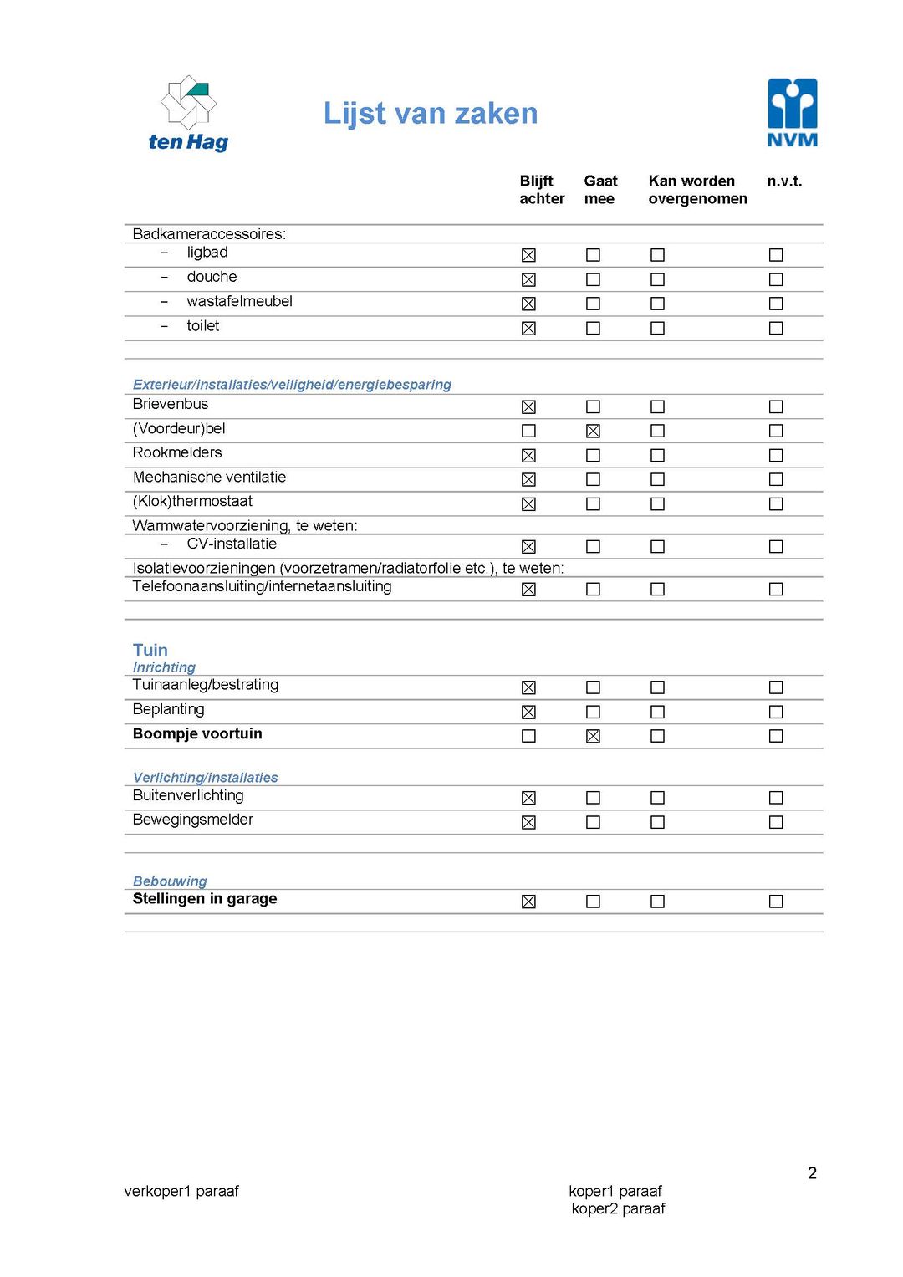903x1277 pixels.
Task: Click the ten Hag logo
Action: pyautogui.click(x=189, y=114)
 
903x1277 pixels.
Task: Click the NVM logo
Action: pyautogui.click(x=792, y=113)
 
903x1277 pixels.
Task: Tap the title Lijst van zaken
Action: pyautogui.click(x=431, y=114)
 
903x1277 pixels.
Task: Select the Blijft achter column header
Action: pyautogui.click(x=541, y=190)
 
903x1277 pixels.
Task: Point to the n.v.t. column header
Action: pyautogui.click(x=783, y=181)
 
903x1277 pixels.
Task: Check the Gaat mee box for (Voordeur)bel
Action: pyautogui.click(x=593, y=431)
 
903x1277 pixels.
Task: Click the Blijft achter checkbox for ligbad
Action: pyautogui.click(x=528, y=255)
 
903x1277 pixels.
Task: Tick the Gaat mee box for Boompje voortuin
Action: pyautogui.click(x=593, y=736)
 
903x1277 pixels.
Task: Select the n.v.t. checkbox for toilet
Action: pyautogui.click(x=776, y=328)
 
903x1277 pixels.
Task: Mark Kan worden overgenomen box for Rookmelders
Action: pyautogui.click(x=657, y=455)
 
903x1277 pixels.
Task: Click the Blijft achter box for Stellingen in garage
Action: pyautogui.click(x=528, y=902)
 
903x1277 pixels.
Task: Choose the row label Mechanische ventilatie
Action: pyautogui.click(x=209, y=478)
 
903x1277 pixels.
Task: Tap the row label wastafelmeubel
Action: pyautogui.click(x=239, y=301)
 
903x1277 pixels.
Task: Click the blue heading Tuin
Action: pyautogui.click(x=150, y=650)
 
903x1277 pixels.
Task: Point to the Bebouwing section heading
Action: pyautogui.click(x=170, y=881)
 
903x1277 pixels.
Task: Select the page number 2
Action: pyautogui.click(x=812, y=1173)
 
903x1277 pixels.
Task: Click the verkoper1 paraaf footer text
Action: pyautogui.click(x=181, y=1191)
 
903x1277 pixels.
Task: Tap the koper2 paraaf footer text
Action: pyautogui.click(x=618, y=1208)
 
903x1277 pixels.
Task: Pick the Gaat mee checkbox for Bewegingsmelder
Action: pyautogui.click(x=593, y=822)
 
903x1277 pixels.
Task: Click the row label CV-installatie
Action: pyautogui.click(x=232, y=544)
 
